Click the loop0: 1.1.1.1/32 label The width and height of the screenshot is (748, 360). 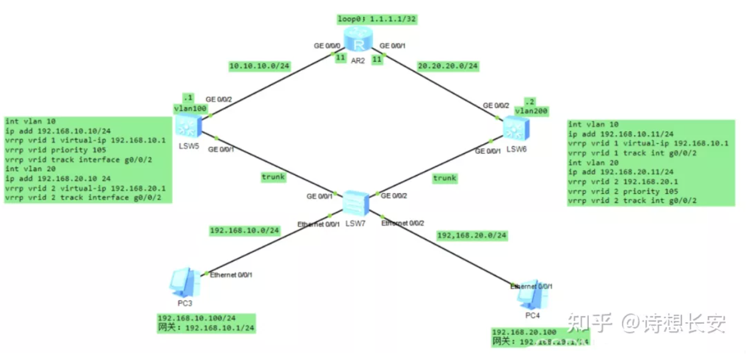(376, 19)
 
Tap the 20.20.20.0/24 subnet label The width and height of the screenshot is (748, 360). (447, 66)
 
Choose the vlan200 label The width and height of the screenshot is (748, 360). (531, 111)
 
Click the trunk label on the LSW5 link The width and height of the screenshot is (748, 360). (273, 177)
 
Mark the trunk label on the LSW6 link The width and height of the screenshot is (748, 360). (445, 178)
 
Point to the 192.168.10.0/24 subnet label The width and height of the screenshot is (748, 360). (244, 230)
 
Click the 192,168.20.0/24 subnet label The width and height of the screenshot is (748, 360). (472, 235)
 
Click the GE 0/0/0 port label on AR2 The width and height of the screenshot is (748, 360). (327, 46)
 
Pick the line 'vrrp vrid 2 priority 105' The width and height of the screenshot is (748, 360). (623, 191)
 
